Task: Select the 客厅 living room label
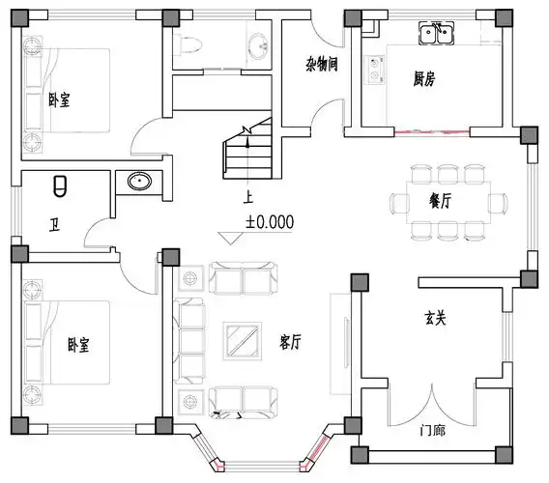coord(290,342)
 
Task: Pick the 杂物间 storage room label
coord(320,66)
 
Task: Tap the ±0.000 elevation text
coord(270,221)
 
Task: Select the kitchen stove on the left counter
coord(372,71)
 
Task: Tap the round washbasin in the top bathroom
coord(258,45)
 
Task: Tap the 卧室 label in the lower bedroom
coord(79,345)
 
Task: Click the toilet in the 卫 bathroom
coord(60,184)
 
